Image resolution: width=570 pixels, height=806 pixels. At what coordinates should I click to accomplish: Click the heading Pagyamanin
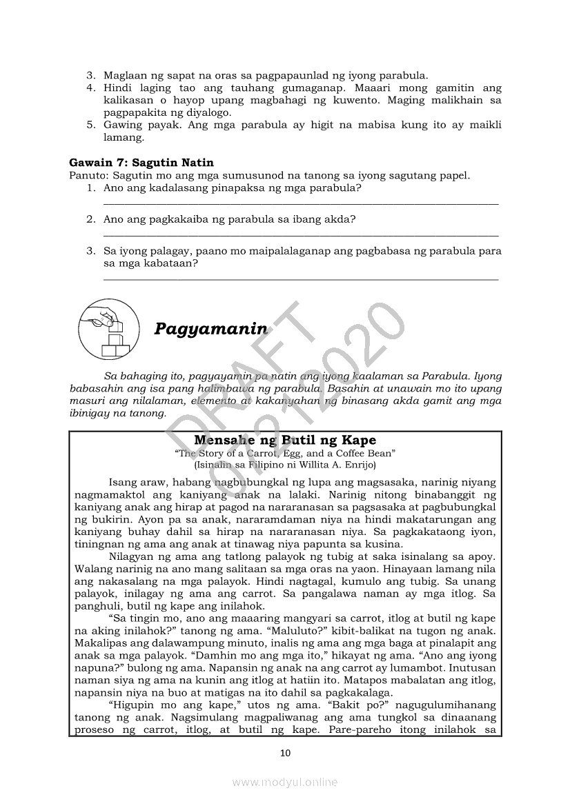pos(210,328)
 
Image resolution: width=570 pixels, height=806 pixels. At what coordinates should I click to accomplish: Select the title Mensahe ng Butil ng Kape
pos(285,441)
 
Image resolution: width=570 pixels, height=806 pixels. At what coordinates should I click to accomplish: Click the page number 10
pos(285,752)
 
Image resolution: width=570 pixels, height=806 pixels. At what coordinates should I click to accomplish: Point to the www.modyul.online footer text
pos(285,783)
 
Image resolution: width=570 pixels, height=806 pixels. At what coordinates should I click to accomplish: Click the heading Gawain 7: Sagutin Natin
pos(141,163)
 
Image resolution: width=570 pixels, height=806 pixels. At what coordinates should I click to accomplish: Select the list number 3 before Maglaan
pos(90,76)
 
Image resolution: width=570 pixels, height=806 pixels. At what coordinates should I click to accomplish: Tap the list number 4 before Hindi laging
pos(90,88)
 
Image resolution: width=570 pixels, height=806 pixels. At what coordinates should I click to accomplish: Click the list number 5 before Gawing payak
pos(90,125)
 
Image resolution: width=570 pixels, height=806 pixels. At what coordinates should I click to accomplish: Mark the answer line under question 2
pos(301,236)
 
